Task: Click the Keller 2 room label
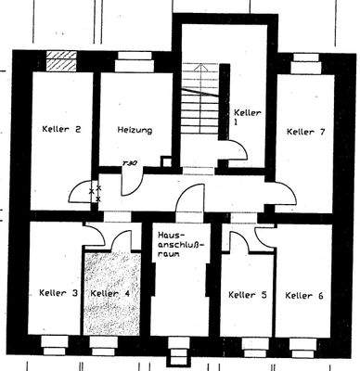(59, 131)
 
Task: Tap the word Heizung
(135, 131)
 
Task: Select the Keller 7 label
(305, 132)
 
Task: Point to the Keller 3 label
(58, 293)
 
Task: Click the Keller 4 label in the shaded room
(110, 293)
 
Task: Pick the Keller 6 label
(304, 295)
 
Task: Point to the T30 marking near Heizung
(130, 163)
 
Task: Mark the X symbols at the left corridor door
(94, 193)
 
